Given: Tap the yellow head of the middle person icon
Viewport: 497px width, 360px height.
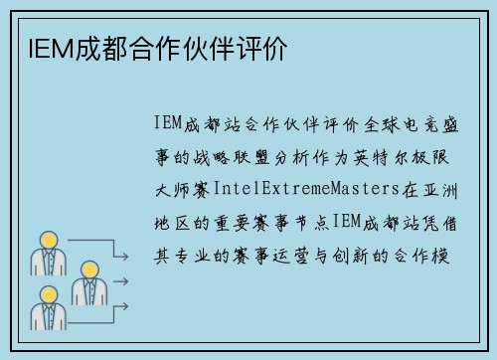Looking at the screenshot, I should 88,270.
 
